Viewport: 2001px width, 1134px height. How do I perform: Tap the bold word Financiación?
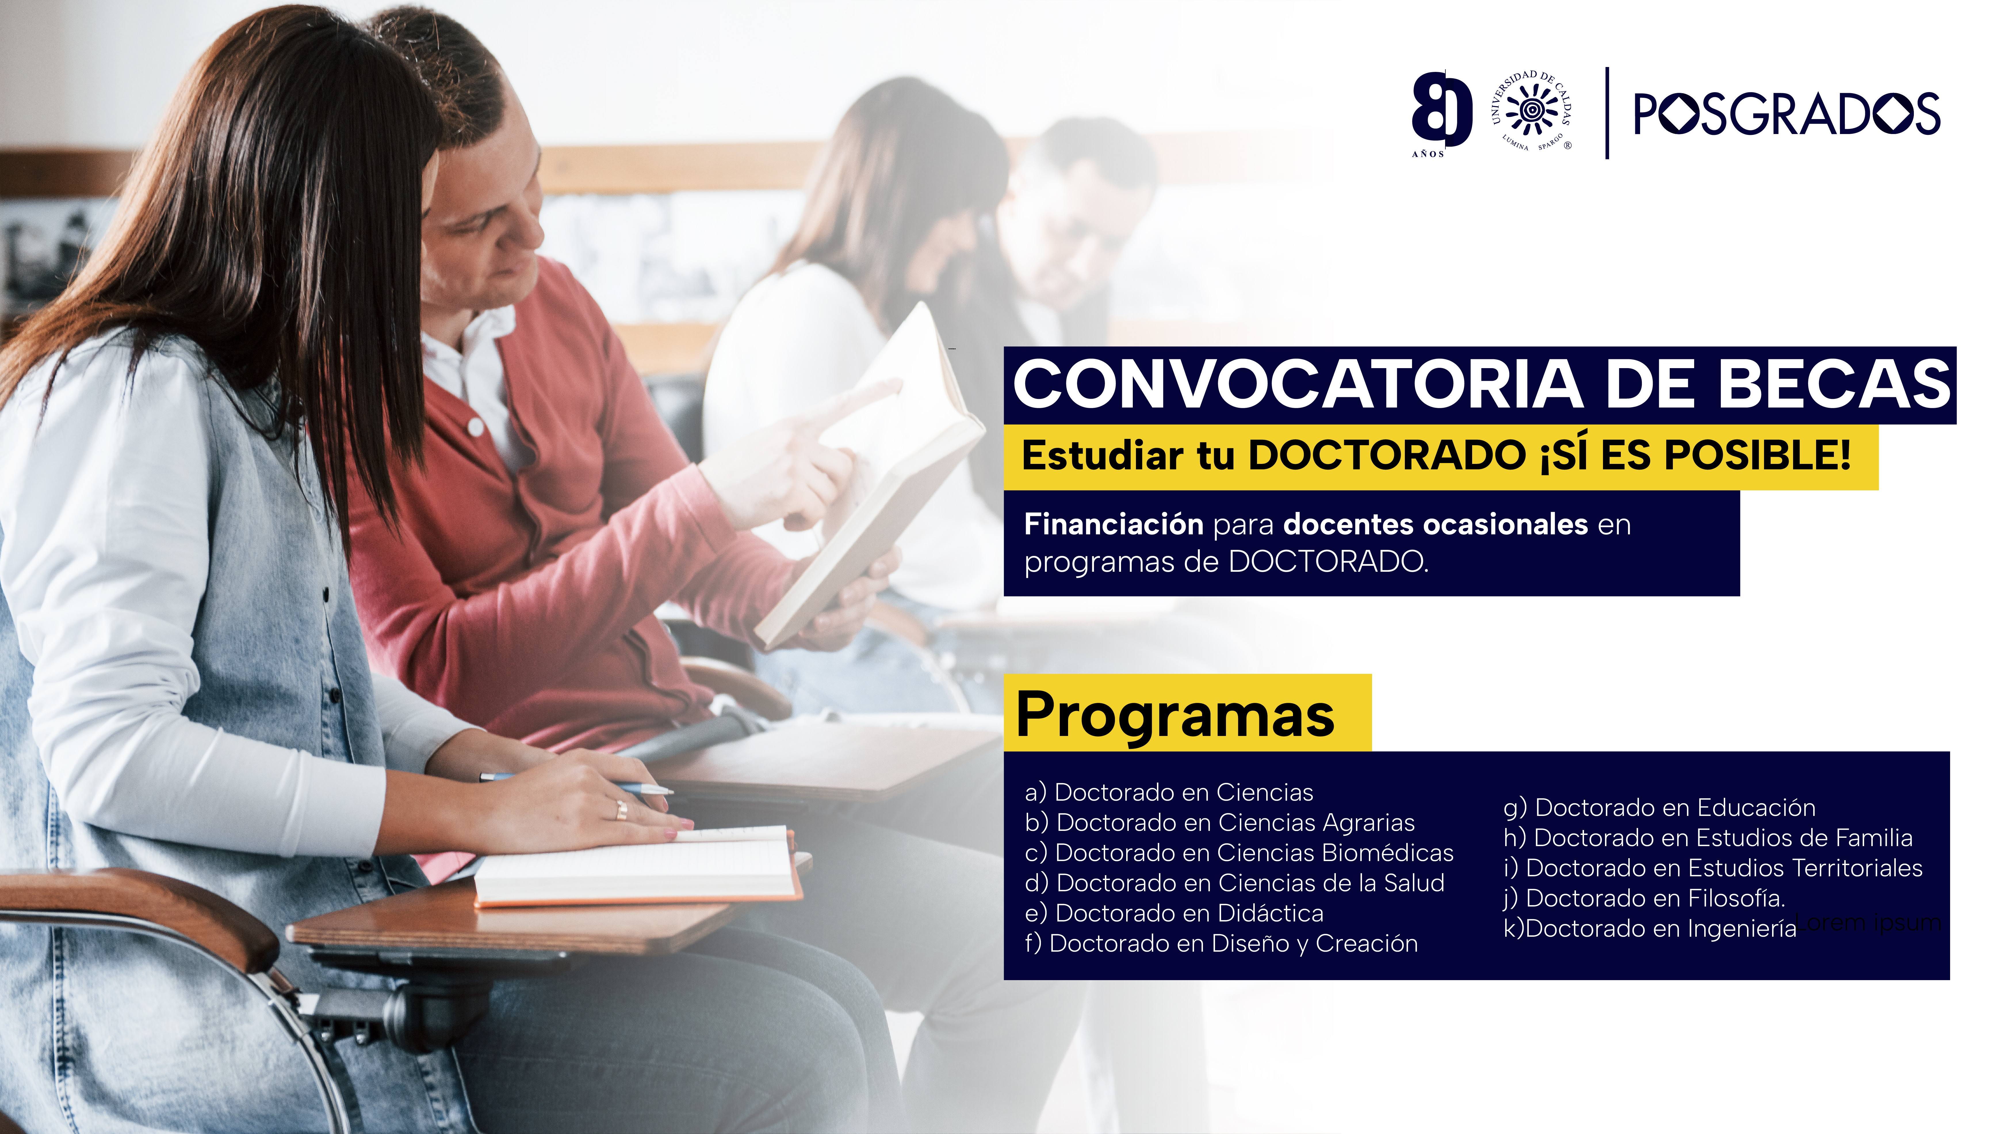point(1114,524)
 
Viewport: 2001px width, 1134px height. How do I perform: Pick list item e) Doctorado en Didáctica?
point(1174,913)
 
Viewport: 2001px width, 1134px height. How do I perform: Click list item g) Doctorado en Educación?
point(1659,808)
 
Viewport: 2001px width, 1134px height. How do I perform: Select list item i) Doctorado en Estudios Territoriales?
point(1713,868)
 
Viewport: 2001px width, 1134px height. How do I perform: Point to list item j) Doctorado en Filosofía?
point(1644,898)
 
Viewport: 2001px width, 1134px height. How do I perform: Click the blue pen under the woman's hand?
point(576,783)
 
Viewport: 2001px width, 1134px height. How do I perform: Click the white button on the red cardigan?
point(474,427)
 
